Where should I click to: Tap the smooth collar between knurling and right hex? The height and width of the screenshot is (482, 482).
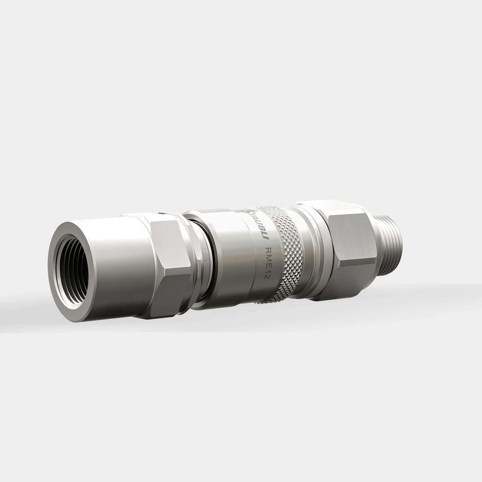(x=305, y=251)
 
